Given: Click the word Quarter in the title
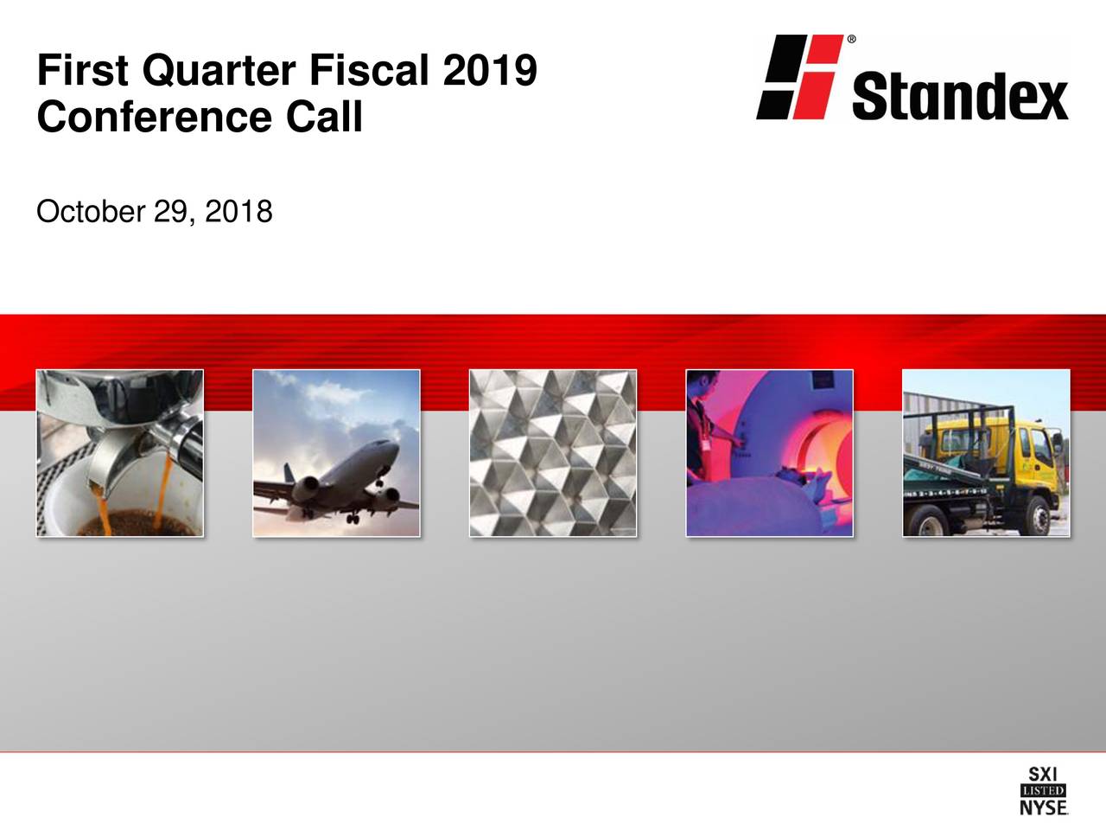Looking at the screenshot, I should [218, 71].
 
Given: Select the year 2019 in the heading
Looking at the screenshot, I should [489, 71].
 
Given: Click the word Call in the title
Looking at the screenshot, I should [324, 117].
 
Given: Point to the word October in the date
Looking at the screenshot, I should [90, 211].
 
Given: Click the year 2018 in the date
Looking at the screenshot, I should [239, 211].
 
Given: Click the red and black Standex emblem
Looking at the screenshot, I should [798, 77].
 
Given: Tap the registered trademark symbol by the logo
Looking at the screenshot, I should [852, 40].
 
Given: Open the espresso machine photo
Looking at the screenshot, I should [120, 452].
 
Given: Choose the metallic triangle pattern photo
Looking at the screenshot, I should [553, 452].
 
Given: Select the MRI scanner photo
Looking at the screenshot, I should [769, 452].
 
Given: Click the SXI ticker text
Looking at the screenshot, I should [1043, 775].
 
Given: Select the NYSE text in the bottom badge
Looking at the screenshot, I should [1043, 807].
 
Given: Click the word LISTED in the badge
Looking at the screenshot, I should [1043, 790].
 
